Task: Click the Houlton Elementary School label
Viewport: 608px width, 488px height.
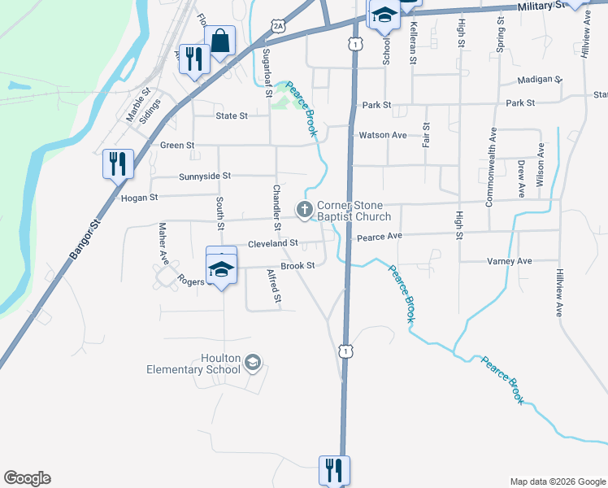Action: pos(193,364)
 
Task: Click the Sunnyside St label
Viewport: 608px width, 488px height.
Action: pos(204,176)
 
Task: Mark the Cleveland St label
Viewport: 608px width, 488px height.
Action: pos(273,243)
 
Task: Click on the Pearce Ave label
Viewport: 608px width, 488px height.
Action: pos(380,237)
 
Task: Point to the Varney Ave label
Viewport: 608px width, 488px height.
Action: pos(509,261)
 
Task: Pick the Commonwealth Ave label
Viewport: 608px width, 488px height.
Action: pos(490,167)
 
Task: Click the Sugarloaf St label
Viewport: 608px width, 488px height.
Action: pos(267,73)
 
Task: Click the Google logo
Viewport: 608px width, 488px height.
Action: pos(27,478)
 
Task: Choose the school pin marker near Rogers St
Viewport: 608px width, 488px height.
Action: pos(221,268)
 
